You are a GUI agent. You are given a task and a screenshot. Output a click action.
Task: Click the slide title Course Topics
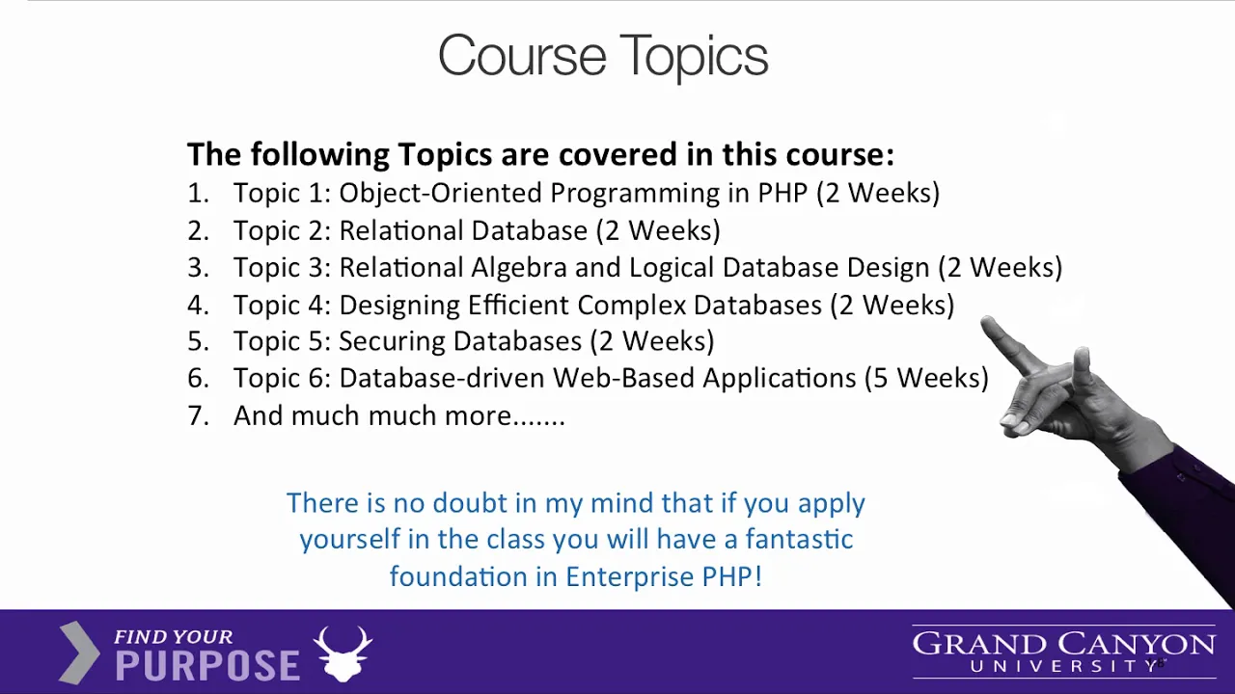603,57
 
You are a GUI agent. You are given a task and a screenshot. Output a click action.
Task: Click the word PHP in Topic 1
782,193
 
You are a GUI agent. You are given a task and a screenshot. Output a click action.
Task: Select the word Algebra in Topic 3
519,267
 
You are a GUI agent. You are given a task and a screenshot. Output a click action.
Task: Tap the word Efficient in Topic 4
518,305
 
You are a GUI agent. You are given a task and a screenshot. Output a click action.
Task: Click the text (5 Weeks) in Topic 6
927,378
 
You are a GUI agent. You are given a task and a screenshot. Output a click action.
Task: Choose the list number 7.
199,415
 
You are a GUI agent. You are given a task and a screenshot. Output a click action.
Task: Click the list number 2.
199,230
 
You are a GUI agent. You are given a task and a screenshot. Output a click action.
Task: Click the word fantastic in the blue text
800,539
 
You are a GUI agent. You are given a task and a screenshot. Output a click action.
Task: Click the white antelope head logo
343,654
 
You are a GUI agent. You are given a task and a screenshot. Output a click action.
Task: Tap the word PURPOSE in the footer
207,665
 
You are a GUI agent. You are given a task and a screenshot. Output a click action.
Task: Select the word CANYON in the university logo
1137,645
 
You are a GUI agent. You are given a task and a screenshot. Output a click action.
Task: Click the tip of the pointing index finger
986,322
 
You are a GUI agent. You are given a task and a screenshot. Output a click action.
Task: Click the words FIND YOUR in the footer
173,637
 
